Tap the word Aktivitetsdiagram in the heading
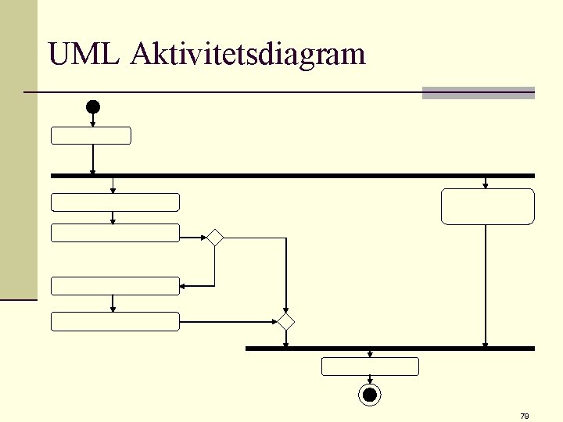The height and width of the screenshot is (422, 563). [x=249, y=55]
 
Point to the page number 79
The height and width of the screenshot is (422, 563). [x=524, y=416]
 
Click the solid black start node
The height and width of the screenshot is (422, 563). [x=93, y=106]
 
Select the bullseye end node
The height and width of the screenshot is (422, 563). [x=370, y=395]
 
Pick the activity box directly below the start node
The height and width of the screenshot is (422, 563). [x=91, y=135]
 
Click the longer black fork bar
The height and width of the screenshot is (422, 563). [x=292, y=176]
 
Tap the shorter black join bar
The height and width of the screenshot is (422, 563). [x=389, y=349]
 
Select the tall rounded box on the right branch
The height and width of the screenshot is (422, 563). [x=487, y=206]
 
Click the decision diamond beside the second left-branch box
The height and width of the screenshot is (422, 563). [x=214, y=238]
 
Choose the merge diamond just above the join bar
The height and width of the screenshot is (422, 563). [x=286, y=321]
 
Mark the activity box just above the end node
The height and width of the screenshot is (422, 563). [x=371, y=366]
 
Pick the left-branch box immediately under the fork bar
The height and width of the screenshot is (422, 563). [x=115, y=202]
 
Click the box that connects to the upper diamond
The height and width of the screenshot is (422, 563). [x=115, y=232]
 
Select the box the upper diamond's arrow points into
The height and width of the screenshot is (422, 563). [x=115, y=286]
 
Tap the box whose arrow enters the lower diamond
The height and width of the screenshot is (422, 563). [x=115, y=320]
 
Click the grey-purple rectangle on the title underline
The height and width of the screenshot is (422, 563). [x=478, y=93]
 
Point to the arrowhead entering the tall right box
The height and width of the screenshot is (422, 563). [x=486, y=185]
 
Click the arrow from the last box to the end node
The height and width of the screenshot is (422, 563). [x=370, y=381]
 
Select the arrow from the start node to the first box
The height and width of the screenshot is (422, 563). [x=93, y=120]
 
